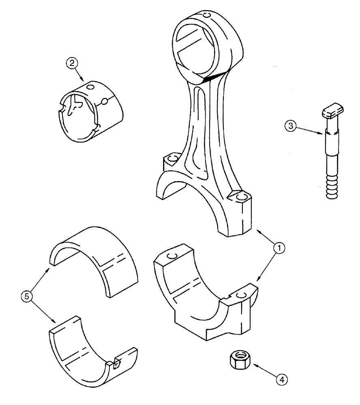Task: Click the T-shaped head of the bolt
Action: [333, 112]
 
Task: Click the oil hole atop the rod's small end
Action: [208, 16]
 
